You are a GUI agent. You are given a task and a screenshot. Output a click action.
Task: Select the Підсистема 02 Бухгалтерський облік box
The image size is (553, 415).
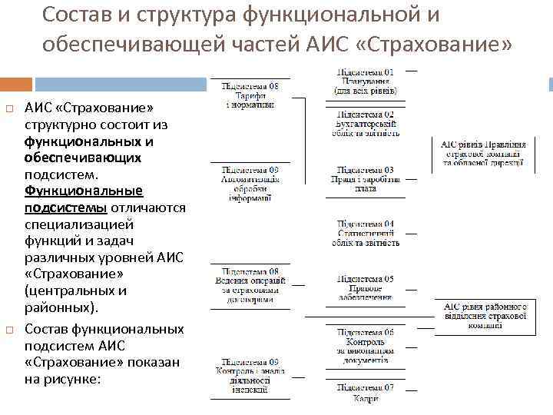[366, 124]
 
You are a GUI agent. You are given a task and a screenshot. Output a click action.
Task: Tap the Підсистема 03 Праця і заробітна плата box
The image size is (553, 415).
[366, 179]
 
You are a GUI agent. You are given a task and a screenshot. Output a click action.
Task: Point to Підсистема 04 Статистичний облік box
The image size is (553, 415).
[366, 234]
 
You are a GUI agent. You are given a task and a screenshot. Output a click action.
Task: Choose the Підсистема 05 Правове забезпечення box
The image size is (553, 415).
[366, 287]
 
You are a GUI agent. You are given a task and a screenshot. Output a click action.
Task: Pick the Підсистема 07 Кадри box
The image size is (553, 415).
[366, 393]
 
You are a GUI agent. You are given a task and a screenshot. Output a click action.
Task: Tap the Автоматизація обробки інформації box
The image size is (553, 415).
[250, 183]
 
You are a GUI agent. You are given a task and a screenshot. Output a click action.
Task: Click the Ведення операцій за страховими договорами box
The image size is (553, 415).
[250, 286]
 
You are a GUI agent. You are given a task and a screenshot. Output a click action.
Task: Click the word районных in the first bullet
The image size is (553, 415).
[59, 307]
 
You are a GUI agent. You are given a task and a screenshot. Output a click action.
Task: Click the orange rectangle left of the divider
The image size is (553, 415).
[16, 84]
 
